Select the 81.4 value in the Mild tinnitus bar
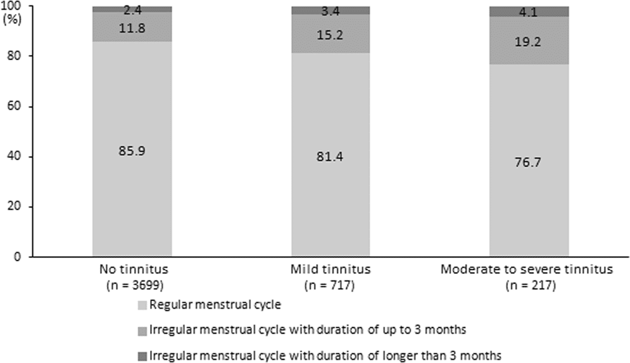[331, 158]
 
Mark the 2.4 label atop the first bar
[132, 9]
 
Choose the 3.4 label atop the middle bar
[331, 11]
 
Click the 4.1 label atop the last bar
[529, 11]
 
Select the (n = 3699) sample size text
[132, 285]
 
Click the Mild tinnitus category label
[331, 270]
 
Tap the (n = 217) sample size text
[529, 285]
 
